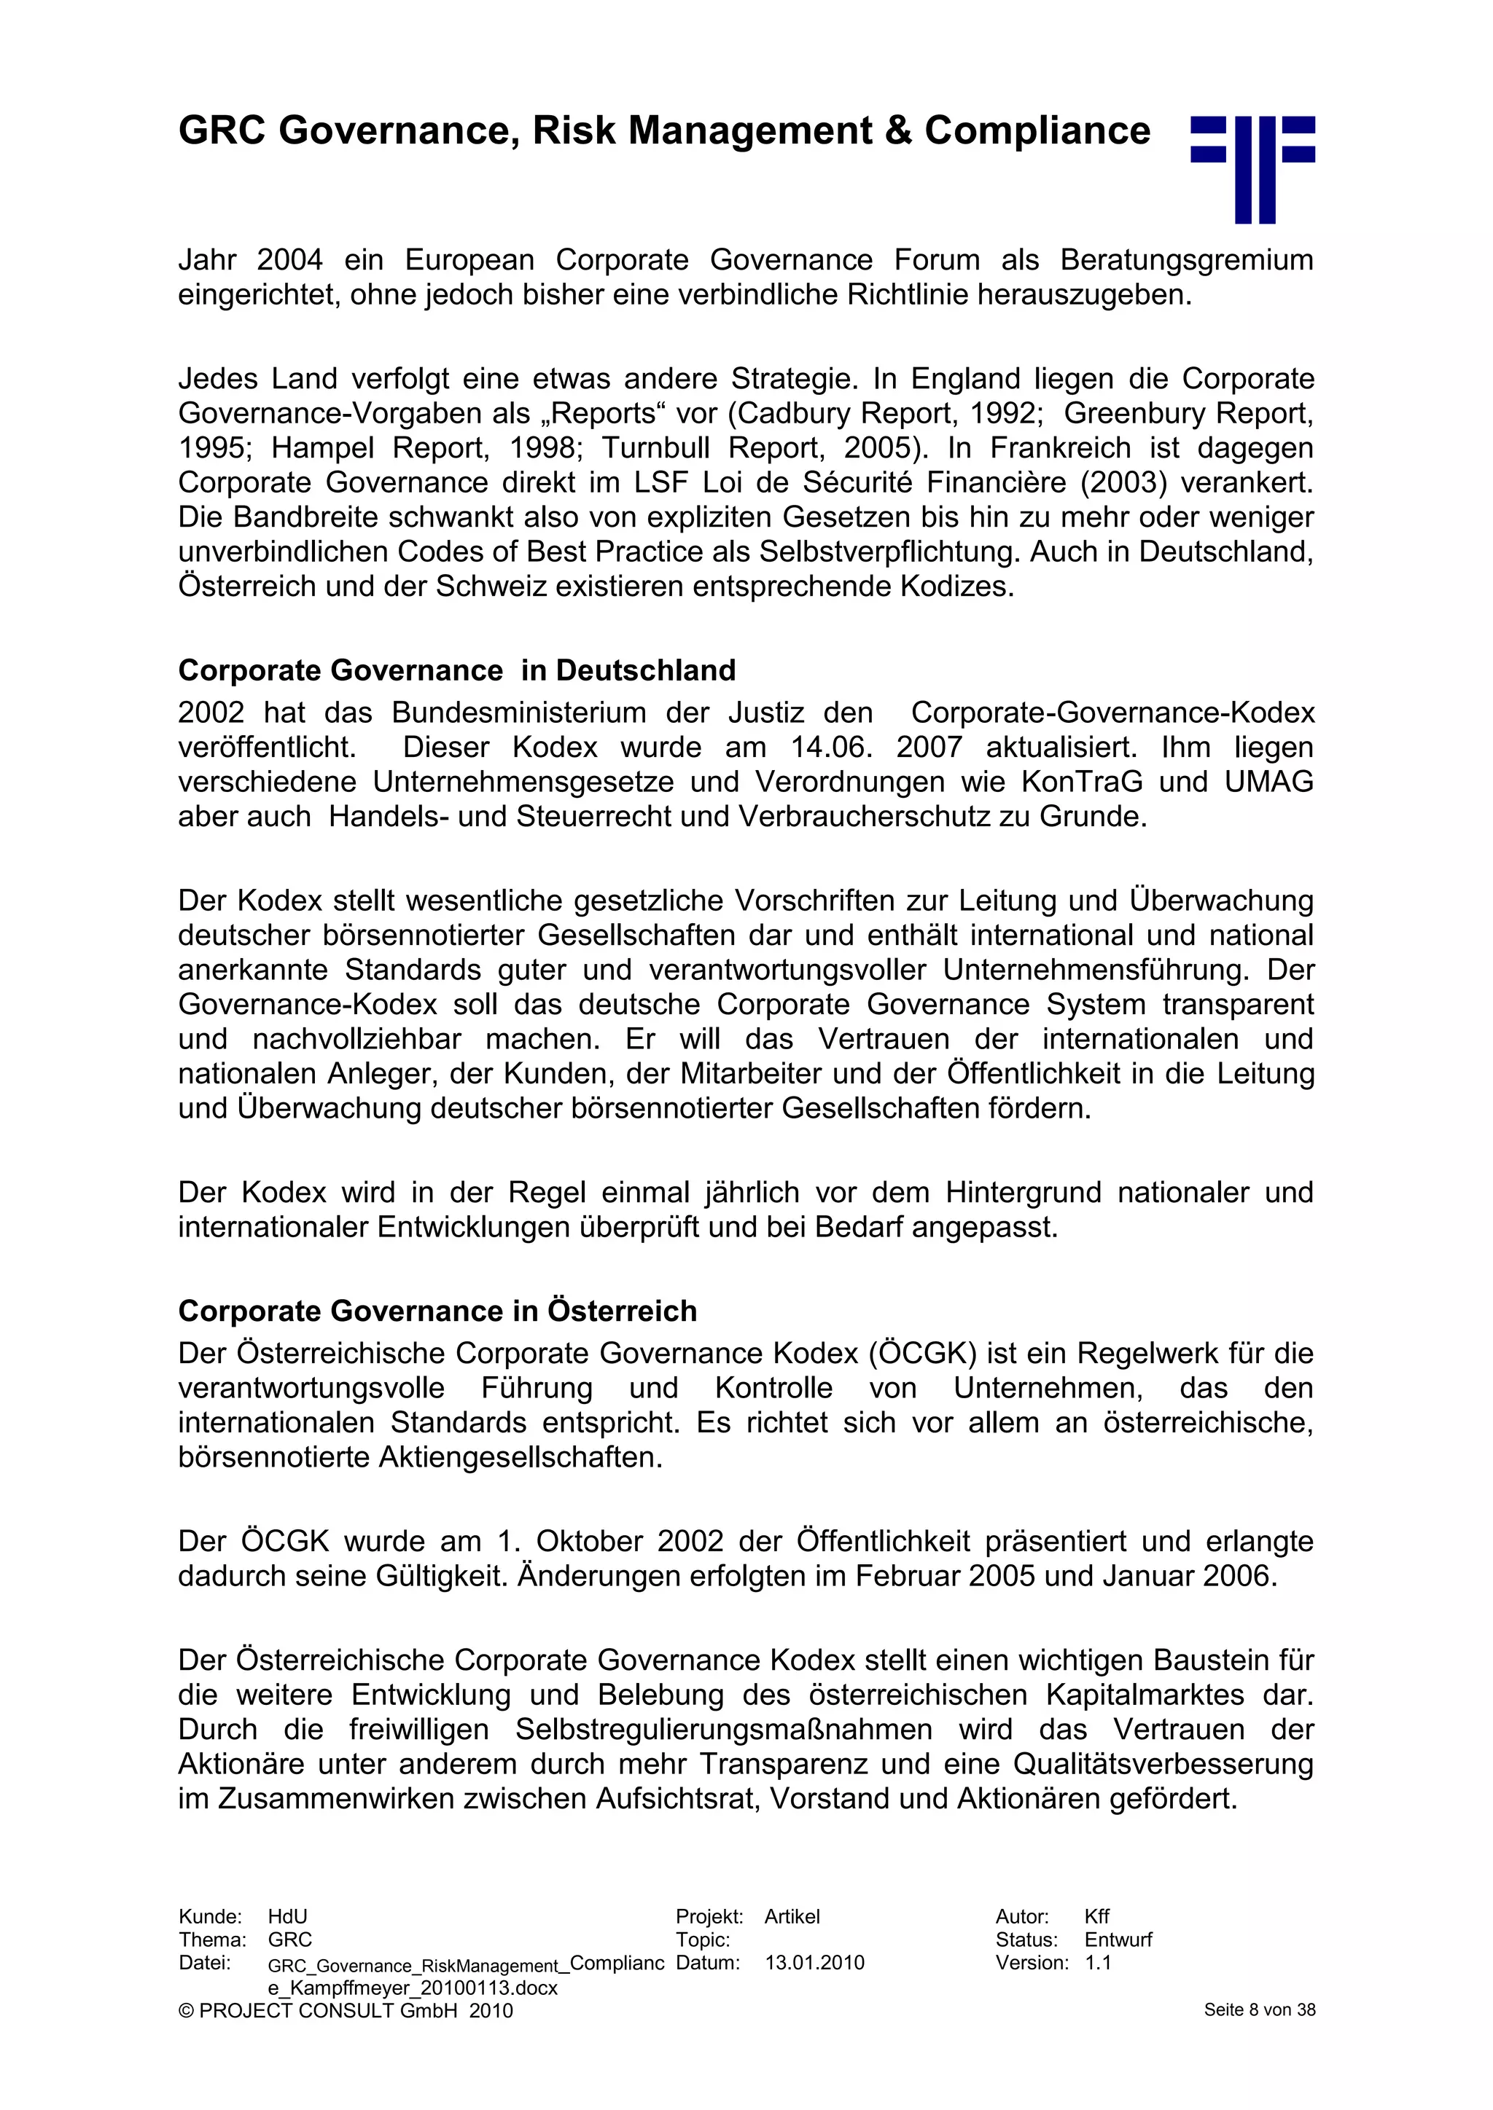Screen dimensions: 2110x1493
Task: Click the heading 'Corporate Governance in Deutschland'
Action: click(x=457, y=671)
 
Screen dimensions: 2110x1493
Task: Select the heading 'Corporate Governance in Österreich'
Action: click(x=437, y=1311)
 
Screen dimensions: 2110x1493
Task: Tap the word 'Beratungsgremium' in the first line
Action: click(x=1186, y=260)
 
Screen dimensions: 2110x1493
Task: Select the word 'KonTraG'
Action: click(x=1082, y=782)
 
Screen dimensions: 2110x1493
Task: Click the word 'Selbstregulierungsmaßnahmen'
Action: click(x=723, y=1730)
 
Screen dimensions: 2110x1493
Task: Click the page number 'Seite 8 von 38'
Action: click(x=1260, y=2010)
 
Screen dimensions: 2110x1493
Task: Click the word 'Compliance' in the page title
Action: click(x=1037, y=131)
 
